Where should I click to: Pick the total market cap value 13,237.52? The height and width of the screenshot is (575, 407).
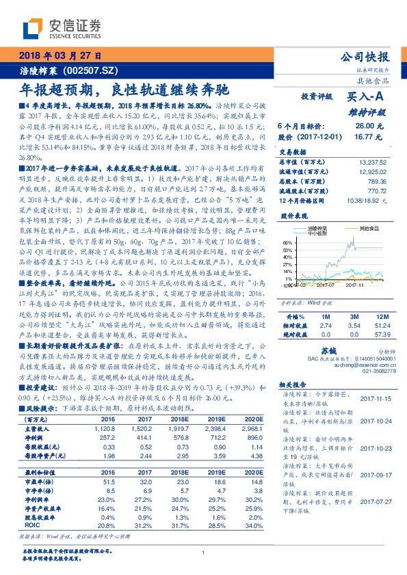pos(375,162)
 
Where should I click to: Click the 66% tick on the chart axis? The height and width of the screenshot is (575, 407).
pos(289,242)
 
